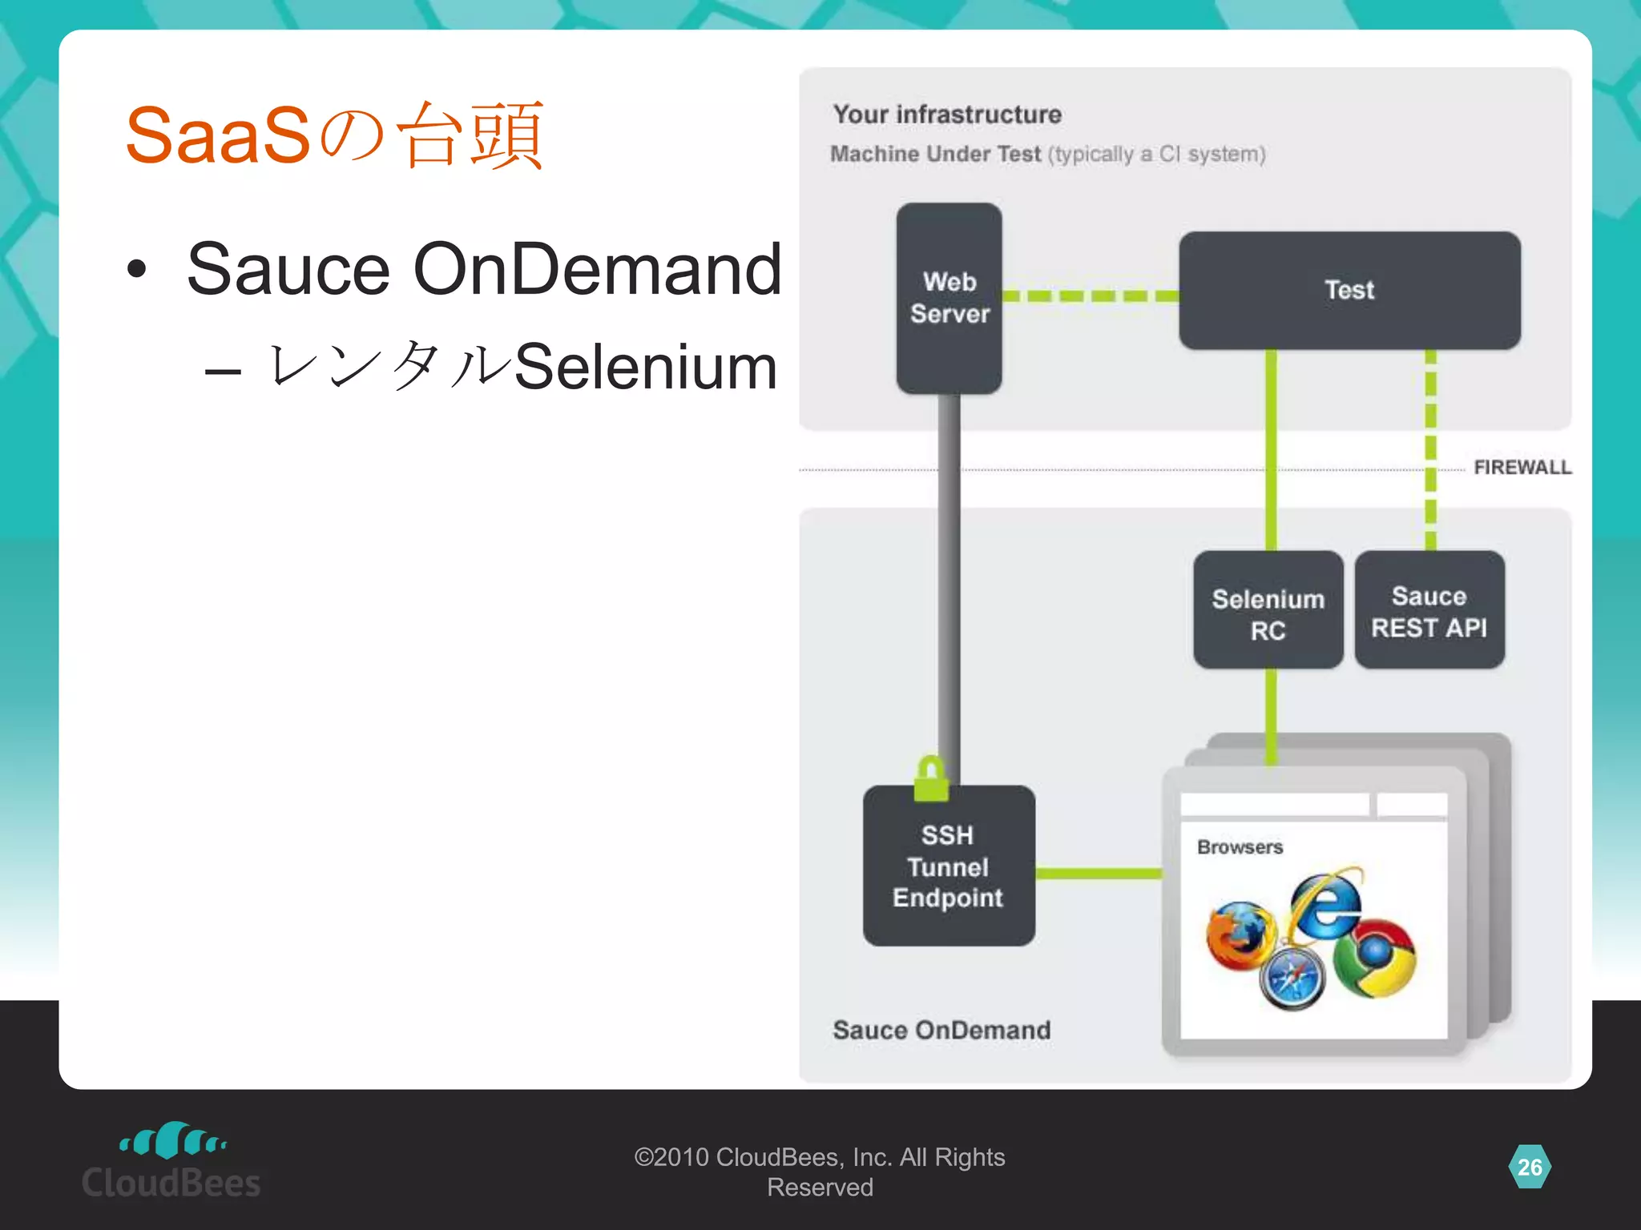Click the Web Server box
[949, 298]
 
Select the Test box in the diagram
[1349, 290]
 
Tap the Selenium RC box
[1268, 611]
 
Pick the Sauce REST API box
[1429, 610]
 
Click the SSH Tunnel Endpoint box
[949, 866]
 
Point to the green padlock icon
[931, 778]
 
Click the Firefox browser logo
[1240, 935]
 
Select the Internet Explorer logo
[1325, 905]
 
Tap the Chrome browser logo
[1375, 958]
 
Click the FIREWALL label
[1522, 467]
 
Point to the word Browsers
[1240, 847]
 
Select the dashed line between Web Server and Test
[1090, 296]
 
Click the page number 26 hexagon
[1529, 1167]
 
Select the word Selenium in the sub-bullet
[645, 367]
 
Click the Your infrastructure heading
[947, 115]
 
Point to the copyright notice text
[819, 1172]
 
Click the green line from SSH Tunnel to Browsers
[1098, 873]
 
